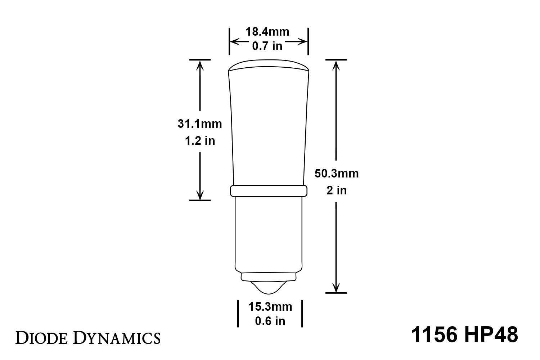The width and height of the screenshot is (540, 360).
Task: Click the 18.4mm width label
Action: coord(267,32)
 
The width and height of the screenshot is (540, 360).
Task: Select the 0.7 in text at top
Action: coord(267,46)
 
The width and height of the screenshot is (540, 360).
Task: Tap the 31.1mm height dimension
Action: coord(199,124)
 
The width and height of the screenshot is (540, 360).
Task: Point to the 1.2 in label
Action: coord(199,141)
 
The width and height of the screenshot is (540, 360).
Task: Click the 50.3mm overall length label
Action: coord(337,174)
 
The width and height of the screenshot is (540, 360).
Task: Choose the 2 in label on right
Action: coord(337,190)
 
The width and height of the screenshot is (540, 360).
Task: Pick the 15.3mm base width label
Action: coord(270,307)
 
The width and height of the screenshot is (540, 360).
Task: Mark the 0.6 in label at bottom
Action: coord(270,321)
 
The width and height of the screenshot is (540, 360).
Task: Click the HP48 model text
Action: coord(491,335)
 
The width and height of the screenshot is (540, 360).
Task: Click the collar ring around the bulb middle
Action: coord(268,191)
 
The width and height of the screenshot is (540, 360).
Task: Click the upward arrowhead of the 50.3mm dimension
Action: coord(336,64)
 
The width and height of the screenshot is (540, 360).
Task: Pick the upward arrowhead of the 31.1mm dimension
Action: coord(200,64)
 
